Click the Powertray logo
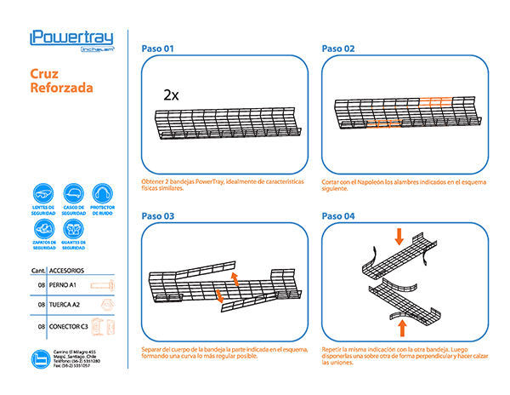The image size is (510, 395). pos(71,38)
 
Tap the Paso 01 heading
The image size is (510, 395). pos(157,49)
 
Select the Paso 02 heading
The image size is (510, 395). pos(338,49)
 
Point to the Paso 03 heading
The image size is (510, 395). pos(157,216)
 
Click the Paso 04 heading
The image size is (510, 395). pos(338,216)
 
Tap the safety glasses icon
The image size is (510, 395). pos(43,192)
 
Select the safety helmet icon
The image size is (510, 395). pos(73,192)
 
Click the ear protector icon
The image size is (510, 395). pos(102,192)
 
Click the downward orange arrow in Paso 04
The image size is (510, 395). pos(398,234)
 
